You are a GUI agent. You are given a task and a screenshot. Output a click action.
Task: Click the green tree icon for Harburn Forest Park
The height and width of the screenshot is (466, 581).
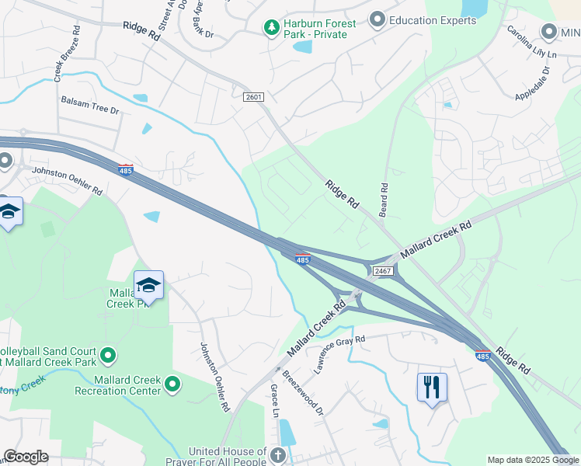click(272, 29)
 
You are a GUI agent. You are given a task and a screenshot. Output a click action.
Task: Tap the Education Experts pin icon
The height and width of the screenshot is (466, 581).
click(377, 19)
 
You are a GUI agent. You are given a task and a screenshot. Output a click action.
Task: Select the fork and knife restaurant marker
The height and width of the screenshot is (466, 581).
click(432, 386)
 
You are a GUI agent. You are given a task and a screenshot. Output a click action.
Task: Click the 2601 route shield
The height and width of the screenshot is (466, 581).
click(254, 97)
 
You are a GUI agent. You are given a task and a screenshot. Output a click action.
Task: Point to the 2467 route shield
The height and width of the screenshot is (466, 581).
click(382, 270)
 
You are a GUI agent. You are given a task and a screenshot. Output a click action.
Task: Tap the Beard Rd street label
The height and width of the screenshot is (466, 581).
click(384, 199)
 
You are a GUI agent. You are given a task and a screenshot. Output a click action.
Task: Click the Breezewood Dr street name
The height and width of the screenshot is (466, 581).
click(302, 392)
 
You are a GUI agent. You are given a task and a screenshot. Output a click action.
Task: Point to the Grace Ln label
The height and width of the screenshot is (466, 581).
click(274, 401)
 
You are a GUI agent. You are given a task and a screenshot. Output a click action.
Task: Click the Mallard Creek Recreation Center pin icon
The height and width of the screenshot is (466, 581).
click(172, 383)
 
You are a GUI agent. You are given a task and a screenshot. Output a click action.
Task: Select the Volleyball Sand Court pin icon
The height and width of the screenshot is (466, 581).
click(108, 356)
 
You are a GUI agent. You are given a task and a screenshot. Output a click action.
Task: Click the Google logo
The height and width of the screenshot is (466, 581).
click(26, 457)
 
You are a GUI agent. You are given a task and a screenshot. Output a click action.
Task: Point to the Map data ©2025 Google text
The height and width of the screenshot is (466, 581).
click(532, 460)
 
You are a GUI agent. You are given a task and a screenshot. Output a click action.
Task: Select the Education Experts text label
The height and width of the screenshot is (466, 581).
click(433, 20)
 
